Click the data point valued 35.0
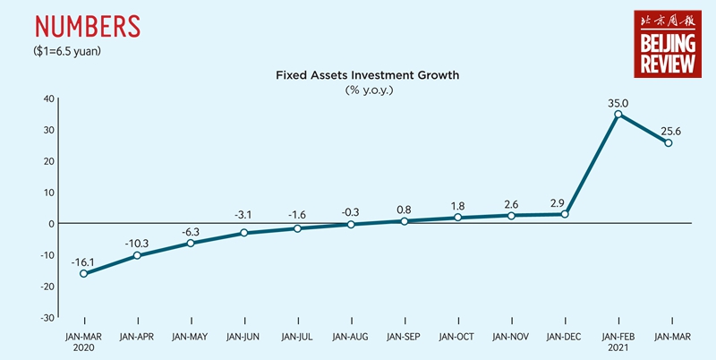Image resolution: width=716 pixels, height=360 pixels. coord(618,115)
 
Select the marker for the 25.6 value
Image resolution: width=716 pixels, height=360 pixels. coord(668,143)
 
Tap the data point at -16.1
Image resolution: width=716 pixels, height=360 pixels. coord(83,273)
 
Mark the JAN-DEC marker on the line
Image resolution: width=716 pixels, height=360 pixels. coord(565,214)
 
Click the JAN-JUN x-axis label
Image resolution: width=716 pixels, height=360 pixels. coord(243,337)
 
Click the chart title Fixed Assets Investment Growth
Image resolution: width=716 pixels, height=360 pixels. coord(367,75)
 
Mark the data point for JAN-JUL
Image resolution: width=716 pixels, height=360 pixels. coord(297,228)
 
